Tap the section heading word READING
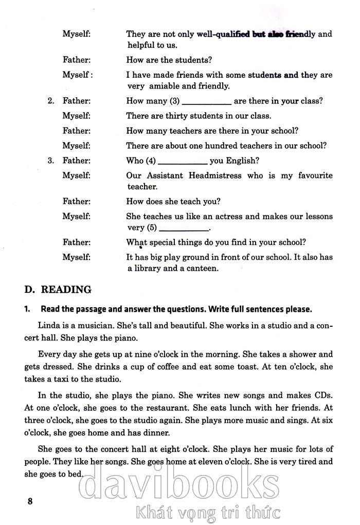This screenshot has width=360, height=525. coord(66,289)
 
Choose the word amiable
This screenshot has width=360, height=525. coord(165,86)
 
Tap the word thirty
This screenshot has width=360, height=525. coord(176,116)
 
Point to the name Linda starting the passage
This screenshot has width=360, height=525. coord(49,326)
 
